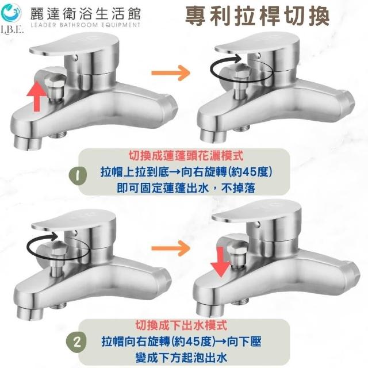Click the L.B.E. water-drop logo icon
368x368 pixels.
[11, 12]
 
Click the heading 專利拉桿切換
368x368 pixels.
[257, 16]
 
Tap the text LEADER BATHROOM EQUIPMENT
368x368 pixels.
[86, 25]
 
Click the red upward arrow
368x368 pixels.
[37, 96]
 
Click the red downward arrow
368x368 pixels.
[220, 262]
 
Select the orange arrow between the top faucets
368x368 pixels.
[171, 73]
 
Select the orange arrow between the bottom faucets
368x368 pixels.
[171, 248]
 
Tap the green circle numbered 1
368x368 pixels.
[78, 175]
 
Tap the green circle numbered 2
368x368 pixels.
[78, 342]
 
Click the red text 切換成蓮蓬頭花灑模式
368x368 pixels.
[186, 156]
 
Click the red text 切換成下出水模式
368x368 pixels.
[181, 325]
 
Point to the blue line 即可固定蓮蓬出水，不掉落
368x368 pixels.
[186, 188]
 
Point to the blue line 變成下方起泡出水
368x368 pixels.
[181, 358]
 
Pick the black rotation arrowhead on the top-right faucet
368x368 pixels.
[237, 58]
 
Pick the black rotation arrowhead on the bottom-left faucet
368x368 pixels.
[54, 236]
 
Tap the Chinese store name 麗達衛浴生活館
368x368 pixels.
[86, 13]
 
